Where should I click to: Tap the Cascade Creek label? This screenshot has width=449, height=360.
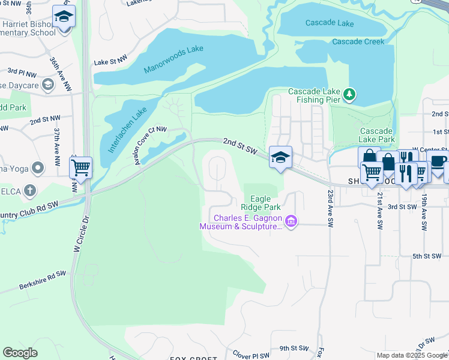pyautogui.click(x=358, y=42)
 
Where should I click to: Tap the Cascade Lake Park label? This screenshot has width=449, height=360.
pyautogui.click(x=377, y=135)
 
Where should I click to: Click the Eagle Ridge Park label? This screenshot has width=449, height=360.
pyautogui.click(x=265, y=203)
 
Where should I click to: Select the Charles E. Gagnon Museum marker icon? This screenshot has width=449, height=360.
pyautogui.click(x=291, y=222)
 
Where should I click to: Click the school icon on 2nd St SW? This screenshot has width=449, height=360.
pyautogui.click(x=280, y=157)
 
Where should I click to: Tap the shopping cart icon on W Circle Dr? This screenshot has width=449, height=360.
pyautogui.click(x=81, y=168)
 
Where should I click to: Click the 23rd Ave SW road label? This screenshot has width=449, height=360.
pyautogui.click(x=330, y=209)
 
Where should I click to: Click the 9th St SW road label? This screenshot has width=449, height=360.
pyautogui.click(x=293, y=348)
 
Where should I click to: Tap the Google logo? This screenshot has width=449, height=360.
pyautogui.click(x=20, y=353)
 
